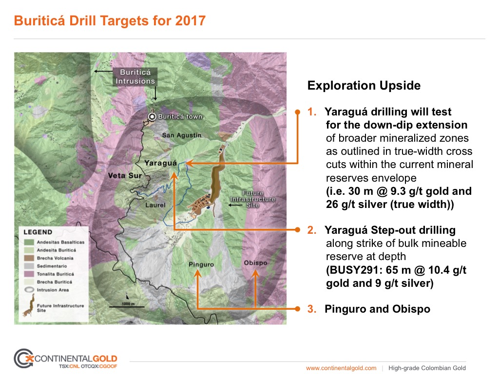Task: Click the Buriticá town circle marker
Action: [152, 117]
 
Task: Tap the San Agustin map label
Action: [182, 135]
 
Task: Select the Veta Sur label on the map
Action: [125, 175]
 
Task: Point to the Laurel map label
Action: [155, 205]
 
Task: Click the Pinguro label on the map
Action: [201, 264]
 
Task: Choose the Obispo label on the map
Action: [255, 263]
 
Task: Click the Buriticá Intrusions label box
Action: [135, 76]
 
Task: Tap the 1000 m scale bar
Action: [127, 307]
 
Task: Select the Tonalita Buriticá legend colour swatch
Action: [29, 274]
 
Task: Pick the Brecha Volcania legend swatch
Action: [29, 258]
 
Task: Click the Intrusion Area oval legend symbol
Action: [29, 290]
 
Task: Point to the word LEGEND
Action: [38, 232]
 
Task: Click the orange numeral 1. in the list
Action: [312, 112]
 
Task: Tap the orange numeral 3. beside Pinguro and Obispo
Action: [312, 309]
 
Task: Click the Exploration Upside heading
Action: [364, 86]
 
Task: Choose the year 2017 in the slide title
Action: [191, 20]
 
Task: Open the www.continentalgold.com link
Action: [341, 368]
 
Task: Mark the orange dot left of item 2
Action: [298, 230]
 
